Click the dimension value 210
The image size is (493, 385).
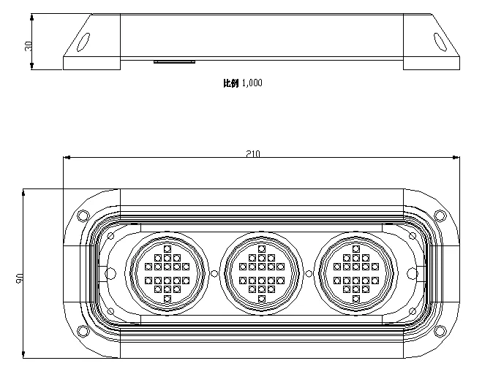tap(254, 153)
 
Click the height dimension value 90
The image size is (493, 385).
tap(20, 278)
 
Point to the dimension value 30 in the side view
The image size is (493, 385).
tap(29, 45)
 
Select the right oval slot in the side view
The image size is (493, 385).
tap(440, 42)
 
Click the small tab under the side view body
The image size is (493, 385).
tap(174, 62)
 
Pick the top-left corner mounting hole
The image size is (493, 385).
tap(83, 216)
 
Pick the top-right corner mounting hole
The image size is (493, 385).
tap(439, 216)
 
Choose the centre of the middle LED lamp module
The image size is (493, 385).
tap(261, 273)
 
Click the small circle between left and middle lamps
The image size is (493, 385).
tap(214, 273)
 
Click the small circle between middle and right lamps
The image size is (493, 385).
tap(308, 273)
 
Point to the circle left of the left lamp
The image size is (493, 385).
tap(111, 273)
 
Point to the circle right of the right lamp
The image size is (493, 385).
tap(412, 273)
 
